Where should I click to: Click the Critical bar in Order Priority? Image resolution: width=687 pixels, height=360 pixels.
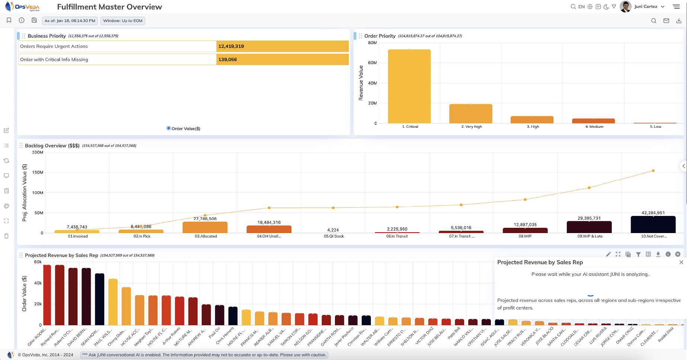click(409, 86)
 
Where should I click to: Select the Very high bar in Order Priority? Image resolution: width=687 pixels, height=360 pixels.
click(470, 114)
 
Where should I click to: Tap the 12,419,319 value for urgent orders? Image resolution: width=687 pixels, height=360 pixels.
click(231, 47)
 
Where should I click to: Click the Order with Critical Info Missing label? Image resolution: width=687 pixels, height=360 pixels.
click(54, 60)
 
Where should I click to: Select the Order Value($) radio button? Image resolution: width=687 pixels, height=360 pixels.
click(169, 128)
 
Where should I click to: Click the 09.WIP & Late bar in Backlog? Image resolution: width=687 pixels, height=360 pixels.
click(589, 227)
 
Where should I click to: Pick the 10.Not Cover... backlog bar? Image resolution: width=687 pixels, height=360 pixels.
click(653, 224)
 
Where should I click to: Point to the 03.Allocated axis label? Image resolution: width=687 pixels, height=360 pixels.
click(205, 236)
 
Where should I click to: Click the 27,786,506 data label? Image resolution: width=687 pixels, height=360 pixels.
click(205, 219)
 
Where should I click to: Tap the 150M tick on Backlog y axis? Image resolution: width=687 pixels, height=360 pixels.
click(38, 173)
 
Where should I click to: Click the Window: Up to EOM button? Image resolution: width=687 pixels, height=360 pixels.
click(122, 21)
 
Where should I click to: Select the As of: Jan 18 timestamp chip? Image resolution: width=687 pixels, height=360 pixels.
click(70, 21)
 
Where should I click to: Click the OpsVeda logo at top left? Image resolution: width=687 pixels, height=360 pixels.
click(22, 7)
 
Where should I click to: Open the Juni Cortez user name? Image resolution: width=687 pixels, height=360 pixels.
click(646, 7)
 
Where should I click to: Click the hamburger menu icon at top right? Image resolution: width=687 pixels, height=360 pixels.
click(676, 7)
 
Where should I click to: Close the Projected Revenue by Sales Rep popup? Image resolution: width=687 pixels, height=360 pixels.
click(681, 262)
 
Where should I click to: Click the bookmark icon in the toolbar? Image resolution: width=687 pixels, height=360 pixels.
click(9, 20)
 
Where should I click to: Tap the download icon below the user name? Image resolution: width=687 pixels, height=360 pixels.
click(678, 21)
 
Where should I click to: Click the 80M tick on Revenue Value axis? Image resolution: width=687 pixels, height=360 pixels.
click(372, 43)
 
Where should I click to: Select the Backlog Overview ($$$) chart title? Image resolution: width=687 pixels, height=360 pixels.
click(52, 146)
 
